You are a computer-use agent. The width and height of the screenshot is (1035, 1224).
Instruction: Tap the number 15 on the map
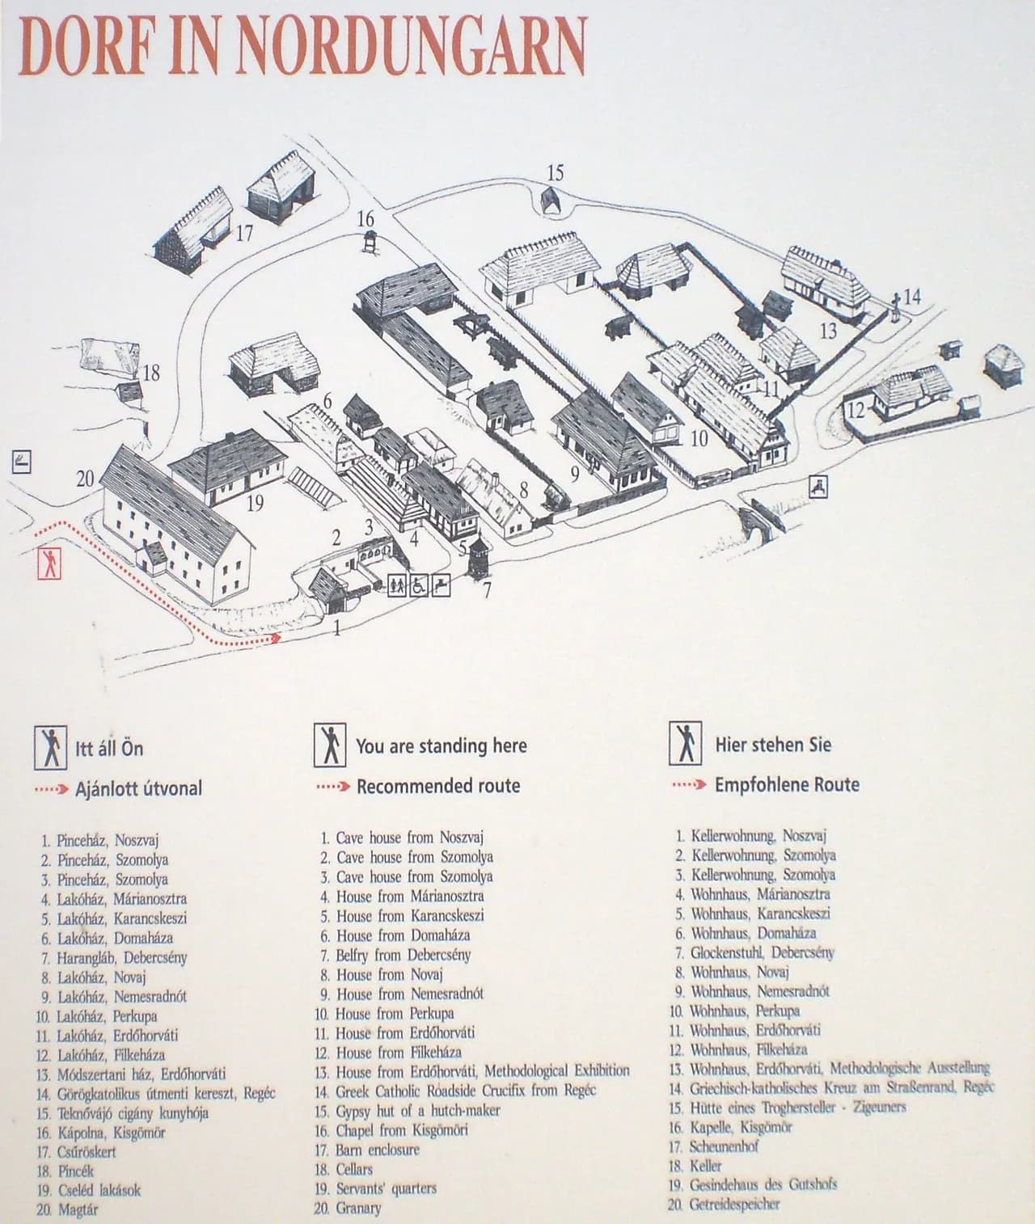point(555,173)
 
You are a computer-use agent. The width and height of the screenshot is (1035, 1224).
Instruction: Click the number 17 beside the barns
point(244,233)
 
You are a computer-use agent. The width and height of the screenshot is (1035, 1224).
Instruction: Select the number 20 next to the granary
point(86,478)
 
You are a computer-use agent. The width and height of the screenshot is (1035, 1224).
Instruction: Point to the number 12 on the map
point(856,410)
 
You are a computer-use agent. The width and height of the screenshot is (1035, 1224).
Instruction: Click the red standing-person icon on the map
point(50,563)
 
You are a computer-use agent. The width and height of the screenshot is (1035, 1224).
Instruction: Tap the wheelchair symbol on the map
point(418,585)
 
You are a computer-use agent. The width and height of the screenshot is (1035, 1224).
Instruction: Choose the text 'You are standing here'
point(441,745)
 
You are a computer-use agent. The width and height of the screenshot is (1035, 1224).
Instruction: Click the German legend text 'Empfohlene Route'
point(787,785)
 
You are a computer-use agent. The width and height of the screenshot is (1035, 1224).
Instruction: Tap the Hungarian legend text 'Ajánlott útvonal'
point(138,789)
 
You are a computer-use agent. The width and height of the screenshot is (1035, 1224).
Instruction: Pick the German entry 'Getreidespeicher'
point(735,1204)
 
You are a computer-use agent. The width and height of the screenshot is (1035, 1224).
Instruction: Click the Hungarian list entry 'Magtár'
point(78,1209)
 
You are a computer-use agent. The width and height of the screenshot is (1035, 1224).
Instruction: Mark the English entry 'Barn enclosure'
point(378,1150)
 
